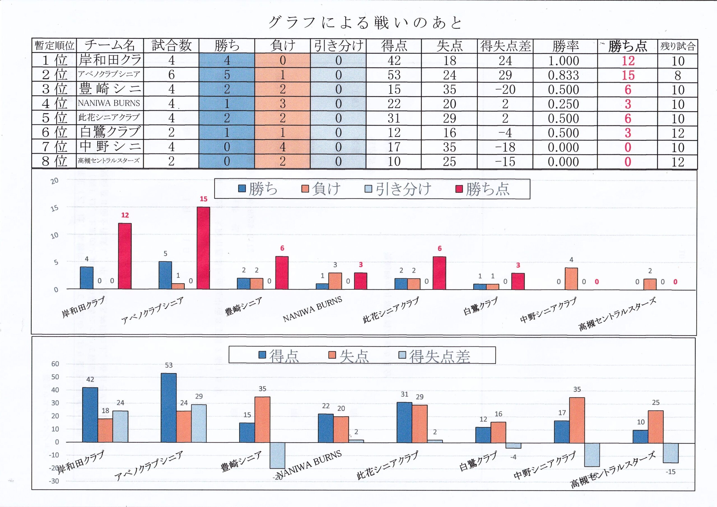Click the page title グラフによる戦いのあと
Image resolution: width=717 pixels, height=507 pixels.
(365, 23)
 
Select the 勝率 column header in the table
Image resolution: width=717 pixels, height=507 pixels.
(565, 46)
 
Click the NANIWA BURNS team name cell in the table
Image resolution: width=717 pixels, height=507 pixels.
(109, 103)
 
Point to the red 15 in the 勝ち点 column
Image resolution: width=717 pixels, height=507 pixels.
(628, 75)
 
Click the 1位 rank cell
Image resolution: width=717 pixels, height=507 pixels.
(54, 61)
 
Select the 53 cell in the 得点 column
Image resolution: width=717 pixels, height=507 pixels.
(394, 75)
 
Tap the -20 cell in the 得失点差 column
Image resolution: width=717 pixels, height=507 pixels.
(505, 90)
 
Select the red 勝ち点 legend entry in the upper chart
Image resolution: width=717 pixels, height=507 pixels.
(483, 189)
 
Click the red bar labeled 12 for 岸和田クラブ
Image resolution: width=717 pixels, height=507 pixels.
(125, 256)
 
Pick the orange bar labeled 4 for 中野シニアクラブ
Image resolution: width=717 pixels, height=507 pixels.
(571, 279)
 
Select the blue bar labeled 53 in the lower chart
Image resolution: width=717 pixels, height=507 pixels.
(169, 408)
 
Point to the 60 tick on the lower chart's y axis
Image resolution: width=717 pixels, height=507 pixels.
(55, 364)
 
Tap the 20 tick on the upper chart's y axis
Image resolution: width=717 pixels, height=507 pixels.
(55, 181)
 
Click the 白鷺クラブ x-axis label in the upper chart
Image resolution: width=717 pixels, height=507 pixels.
(480, 306)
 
